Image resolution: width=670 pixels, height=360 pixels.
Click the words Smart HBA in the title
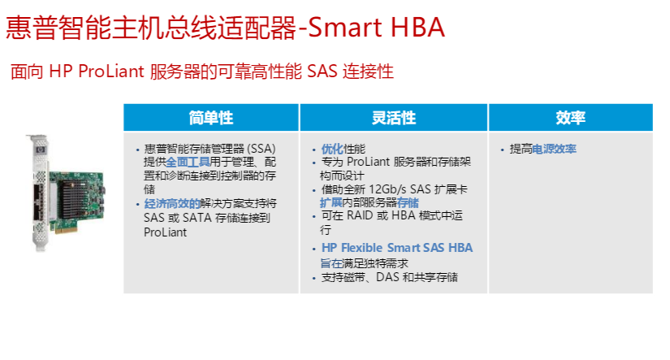[x=376, y=28]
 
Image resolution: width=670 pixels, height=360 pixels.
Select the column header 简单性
[x=211, y=118]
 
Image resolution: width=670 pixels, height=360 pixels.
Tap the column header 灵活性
[x=394, y=118]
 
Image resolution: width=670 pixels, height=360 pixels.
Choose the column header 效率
[x=570, y=118]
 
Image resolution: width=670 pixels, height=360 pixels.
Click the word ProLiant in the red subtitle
[x=111, y=72]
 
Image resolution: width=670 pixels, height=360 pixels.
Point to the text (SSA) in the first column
[x=262, y=149]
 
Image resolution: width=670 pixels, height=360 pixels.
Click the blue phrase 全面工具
[x=188, y=162]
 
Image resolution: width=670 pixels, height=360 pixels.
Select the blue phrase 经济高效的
[x=172, y=203]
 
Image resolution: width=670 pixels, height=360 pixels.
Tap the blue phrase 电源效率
[x=554, y=149]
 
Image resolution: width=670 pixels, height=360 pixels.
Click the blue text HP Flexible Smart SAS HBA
[x=397, y=248]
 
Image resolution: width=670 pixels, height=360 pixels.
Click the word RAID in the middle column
[x=360, y=215]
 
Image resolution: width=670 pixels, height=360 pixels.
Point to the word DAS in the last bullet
[x=387, y=277]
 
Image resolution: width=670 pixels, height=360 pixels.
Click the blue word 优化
[x=332, y=149]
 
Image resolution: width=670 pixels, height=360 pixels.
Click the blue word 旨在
[x=331, y=263]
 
